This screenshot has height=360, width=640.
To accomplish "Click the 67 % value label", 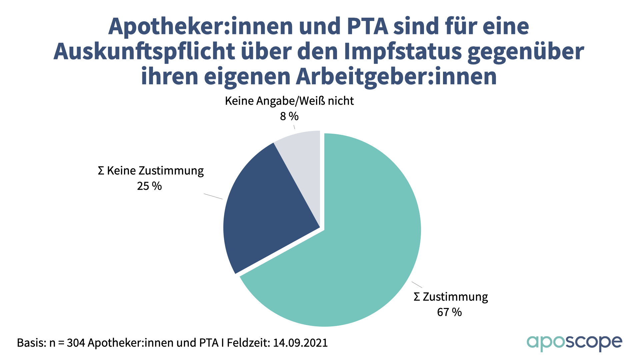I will [449, 312].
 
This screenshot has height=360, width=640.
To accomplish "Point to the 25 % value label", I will [149, 186].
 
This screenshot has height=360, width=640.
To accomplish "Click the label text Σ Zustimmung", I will [451, 297].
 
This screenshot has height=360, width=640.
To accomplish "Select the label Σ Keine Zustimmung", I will [151, 171].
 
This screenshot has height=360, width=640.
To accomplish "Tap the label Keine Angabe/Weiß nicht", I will [289, 101].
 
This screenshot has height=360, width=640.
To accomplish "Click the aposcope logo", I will [574, 343].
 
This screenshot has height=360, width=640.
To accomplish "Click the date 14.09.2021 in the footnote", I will [300, 343].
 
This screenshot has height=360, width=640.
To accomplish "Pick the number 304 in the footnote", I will [76, 343].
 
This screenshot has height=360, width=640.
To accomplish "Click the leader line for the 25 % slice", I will [213, 196].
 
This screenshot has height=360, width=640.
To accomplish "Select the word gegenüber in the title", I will [526, 51].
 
